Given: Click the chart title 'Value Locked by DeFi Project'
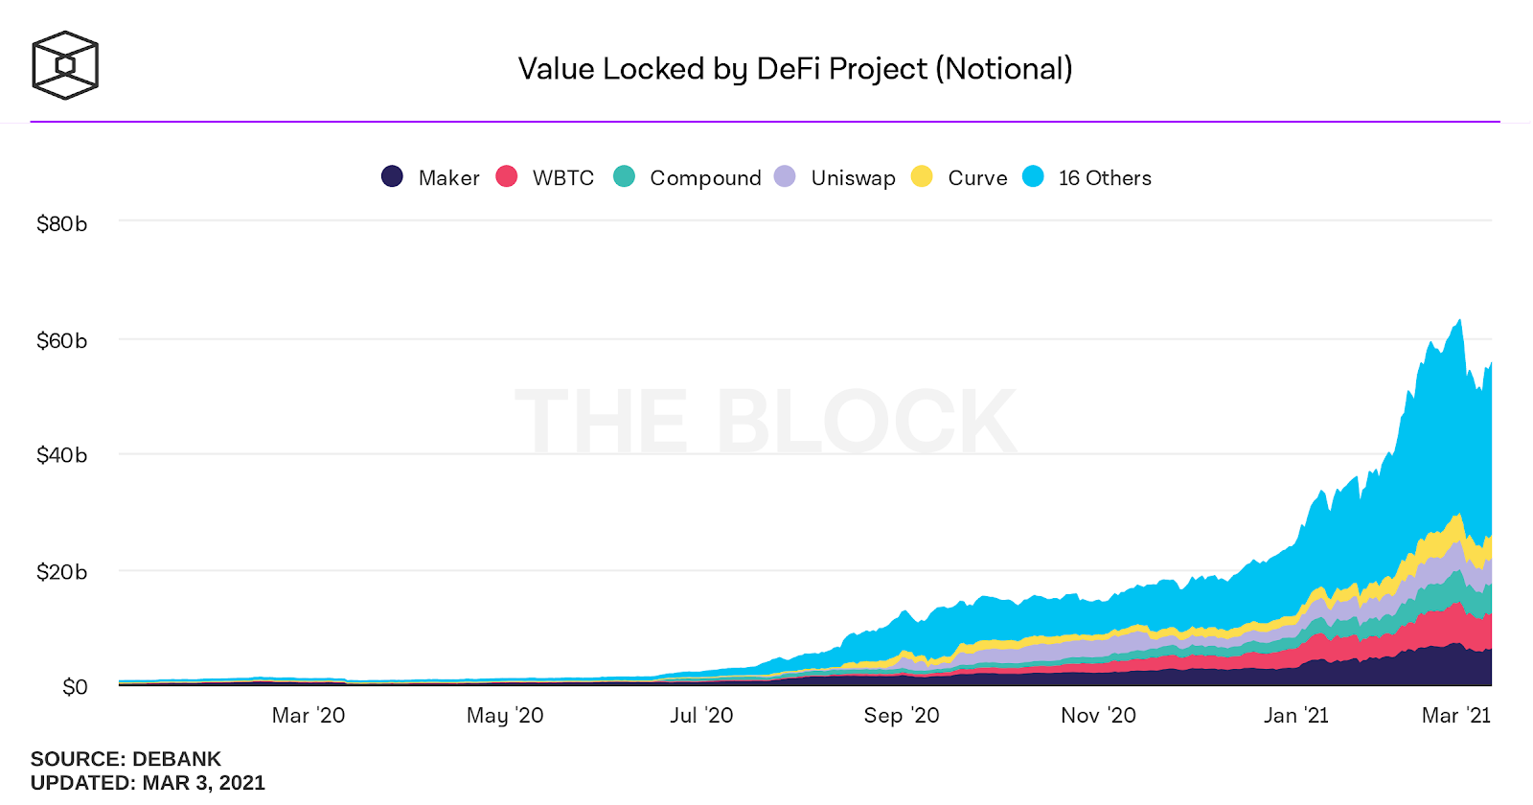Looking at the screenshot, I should (794, 69).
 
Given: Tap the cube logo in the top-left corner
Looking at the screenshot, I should (65, 65).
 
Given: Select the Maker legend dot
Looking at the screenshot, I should (392, 176).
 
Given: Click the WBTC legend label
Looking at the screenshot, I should (562, 178).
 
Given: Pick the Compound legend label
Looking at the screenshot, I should (705, 178).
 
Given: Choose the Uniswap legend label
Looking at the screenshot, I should (853, 178).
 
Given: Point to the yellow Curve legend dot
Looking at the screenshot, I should (922, 176).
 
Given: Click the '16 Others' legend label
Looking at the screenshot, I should (1105, 178).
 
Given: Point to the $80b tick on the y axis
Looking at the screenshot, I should (61, 224).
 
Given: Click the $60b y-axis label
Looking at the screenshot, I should (61, 341).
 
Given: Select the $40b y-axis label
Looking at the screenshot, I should (61, 455).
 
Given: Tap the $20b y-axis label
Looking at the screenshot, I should (61, 572).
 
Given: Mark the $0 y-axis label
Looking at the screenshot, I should (75, 687).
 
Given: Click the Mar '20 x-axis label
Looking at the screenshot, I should (308, 716).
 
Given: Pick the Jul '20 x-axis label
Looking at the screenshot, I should (701, 716).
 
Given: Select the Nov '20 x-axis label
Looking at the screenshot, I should (1098, 716).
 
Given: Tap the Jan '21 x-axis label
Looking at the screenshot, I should (1295, 716).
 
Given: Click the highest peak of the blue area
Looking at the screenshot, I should (1459, 321).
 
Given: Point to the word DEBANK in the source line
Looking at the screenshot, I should (176, 759).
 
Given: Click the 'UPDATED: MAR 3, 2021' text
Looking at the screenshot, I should (148, 783).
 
